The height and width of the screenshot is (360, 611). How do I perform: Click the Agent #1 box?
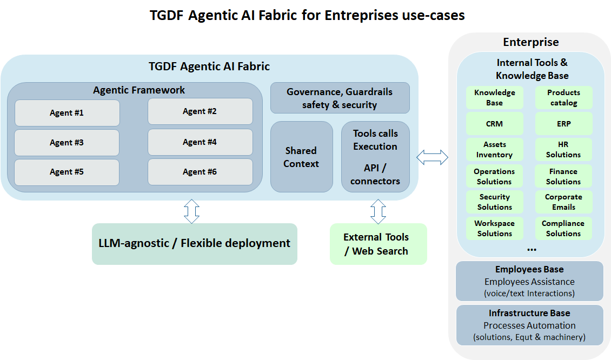coord(67,113)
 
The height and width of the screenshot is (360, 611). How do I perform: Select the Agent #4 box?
coord(200,142)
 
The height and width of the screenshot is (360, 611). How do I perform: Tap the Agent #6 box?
coord(200,172)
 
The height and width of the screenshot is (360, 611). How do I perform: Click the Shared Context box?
coord(301,157)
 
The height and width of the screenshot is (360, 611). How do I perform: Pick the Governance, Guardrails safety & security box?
coord(340,98)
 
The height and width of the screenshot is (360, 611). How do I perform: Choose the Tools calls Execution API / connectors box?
coord(375,157)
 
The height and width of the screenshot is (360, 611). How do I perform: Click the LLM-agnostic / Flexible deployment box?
coord(195,244)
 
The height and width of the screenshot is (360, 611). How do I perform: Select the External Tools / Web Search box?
coord(378,244)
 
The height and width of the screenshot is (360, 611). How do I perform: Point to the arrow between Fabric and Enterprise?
coord(432,157)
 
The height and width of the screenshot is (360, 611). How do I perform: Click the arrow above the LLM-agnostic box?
coord(191,211)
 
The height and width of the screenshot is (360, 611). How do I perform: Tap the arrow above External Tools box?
coord(378,211)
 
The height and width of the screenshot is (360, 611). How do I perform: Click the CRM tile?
coord(494,124)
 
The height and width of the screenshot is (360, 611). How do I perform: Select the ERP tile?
coord(563,124)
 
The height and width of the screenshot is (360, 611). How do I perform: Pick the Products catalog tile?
coord(563,98)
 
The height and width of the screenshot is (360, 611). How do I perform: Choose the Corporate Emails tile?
coord(563,202)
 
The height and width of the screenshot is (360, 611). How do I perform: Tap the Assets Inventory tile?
coord(494,150)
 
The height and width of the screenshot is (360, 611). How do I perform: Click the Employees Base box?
coord(529,281)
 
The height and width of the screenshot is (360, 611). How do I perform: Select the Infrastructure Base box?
coord(529,325)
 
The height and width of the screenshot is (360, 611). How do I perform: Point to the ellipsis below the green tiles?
coord(532,250)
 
